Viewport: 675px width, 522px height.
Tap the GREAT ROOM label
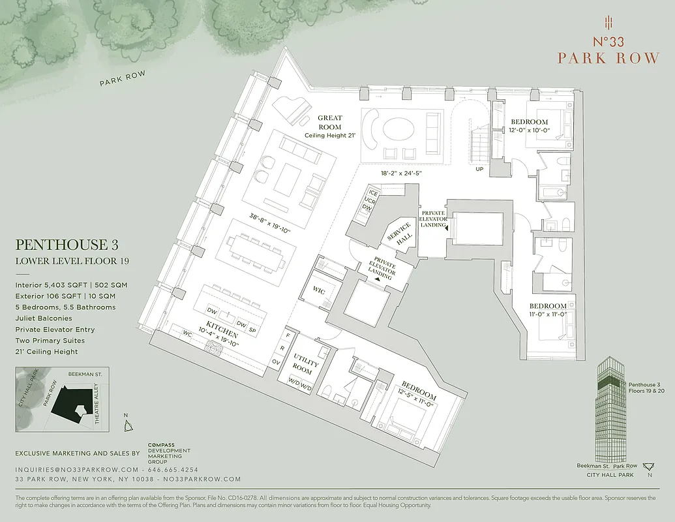click(x=330, y=122)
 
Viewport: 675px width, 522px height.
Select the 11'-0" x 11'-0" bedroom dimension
click(x=547, y=315)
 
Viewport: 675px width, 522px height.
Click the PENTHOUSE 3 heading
click(x=61, y=245)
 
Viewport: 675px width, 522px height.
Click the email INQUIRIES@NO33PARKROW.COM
click(x=77, y=470)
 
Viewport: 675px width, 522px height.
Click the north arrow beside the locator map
click(x=128, y=424)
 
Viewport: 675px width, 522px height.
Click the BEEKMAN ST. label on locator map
click(x=83, y=375)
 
